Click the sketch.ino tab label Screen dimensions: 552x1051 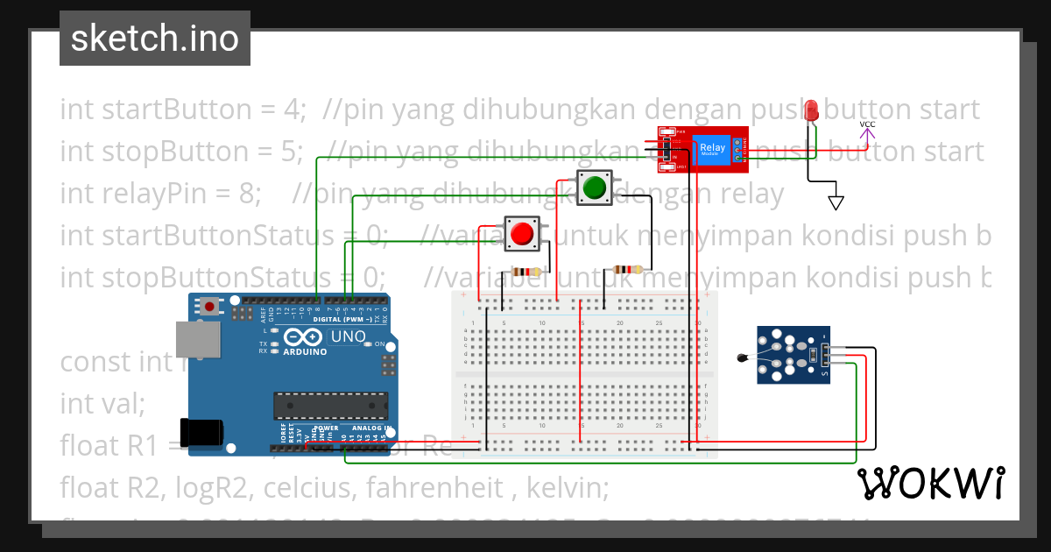(x=155, y=39)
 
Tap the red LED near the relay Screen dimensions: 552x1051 (x=812, y=111)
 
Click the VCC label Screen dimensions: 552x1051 (x=867, y=124)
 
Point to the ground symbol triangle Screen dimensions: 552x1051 (x=836, y=203)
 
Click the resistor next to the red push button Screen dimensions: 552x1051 (x=526, y=272)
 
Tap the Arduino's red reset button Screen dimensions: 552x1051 (x=210, y=307)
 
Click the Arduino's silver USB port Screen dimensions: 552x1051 (x=194, y=339)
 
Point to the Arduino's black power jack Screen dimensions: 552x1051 (x=199, y=434)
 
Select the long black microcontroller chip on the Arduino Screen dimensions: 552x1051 (x=330, y=406)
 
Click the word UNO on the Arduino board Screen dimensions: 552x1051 (x=347, y=337)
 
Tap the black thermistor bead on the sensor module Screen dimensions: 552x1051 (x=743, y=357)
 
